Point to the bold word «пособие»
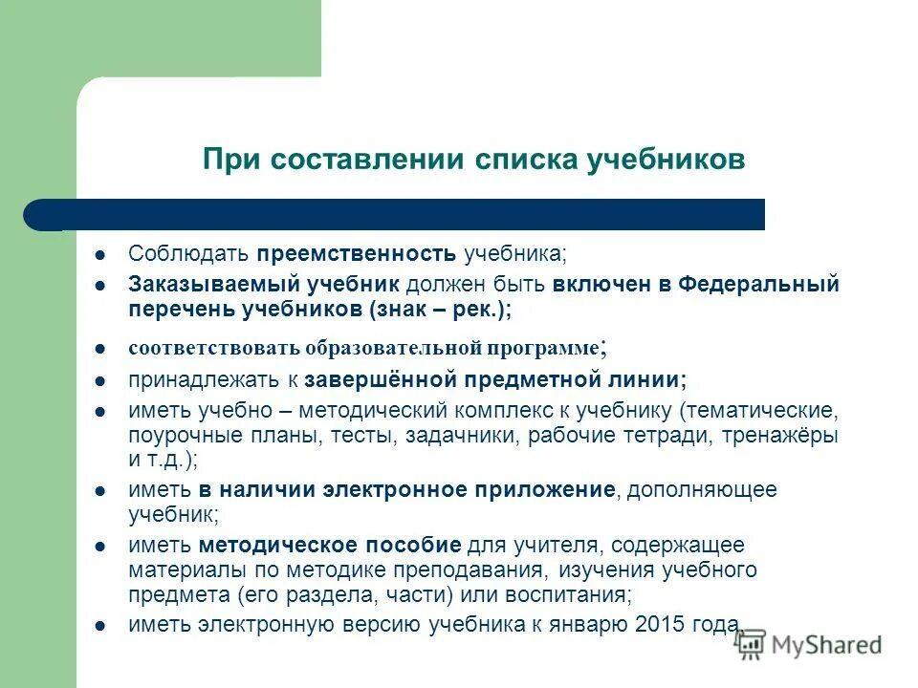pos(416,546)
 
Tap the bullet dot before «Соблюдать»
pos(100,255)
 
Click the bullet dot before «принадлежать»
pos(100,380)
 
